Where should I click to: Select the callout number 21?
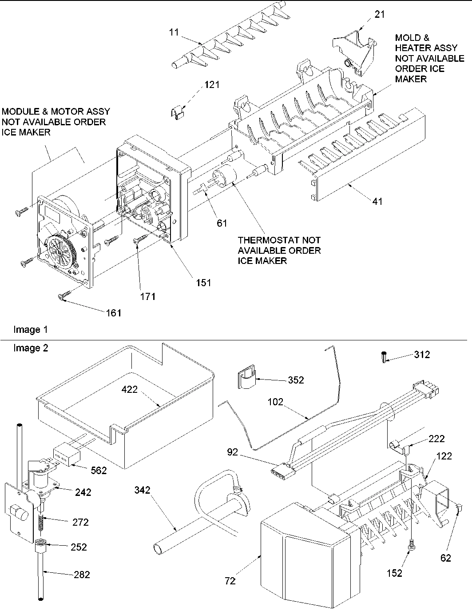point(380,14)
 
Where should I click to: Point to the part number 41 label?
point(377,201)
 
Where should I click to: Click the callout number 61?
point(222,223)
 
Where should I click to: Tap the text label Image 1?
point(30,330)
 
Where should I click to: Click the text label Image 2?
point(30,348)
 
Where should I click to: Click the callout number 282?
point(81,575)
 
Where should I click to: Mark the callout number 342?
point(143,490)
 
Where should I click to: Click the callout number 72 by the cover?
point(230,580)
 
